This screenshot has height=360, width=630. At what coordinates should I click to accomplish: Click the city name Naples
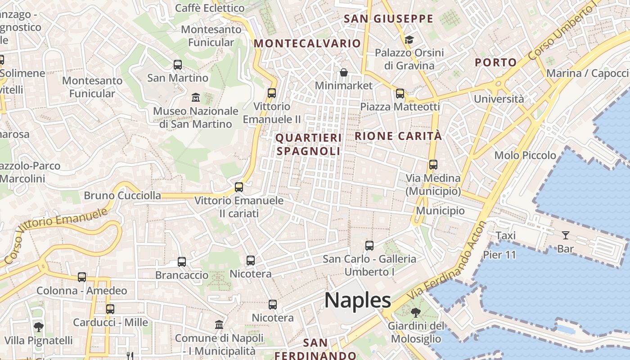[357, 300]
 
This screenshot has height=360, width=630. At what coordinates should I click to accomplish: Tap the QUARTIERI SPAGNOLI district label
[309, 144]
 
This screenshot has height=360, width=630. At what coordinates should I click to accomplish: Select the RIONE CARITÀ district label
[398, 136]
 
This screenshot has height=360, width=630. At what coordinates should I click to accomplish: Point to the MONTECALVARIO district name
[307, 43]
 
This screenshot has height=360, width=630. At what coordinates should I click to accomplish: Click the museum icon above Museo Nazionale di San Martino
[196, 97]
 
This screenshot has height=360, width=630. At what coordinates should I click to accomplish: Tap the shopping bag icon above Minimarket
[344, 72]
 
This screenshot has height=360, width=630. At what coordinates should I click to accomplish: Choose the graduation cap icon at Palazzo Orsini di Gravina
[409, 40]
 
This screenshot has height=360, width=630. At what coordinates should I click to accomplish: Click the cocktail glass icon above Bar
[565, 235]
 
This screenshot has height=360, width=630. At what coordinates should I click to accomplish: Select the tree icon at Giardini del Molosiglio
[416, 312]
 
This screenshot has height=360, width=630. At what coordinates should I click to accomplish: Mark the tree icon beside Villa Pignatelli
[39, 327]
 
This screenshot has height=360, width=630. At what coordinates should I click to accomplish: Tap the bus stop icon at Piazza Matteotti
[400, 94]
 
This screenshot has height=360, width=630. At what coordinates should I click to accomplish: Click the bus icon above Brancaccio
[182, 262]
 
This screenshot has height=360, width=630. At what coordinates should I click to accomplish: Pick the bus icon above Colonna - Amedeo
[82, 277]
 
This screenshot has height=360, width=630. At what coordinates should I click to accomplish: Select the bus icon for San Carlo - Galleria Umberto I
[369, 246]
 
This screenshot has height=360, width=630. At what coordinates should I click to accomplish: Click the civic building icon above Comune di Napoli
[219, 324]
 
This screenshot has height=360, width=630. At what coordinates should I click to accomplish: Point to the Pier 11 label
[499, 255]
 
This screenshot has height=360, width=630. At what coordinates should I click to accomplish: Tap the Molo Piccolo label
[525, 155]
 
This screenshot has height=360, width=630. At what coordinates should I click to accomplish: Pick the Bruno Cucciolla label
[122, 195]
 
